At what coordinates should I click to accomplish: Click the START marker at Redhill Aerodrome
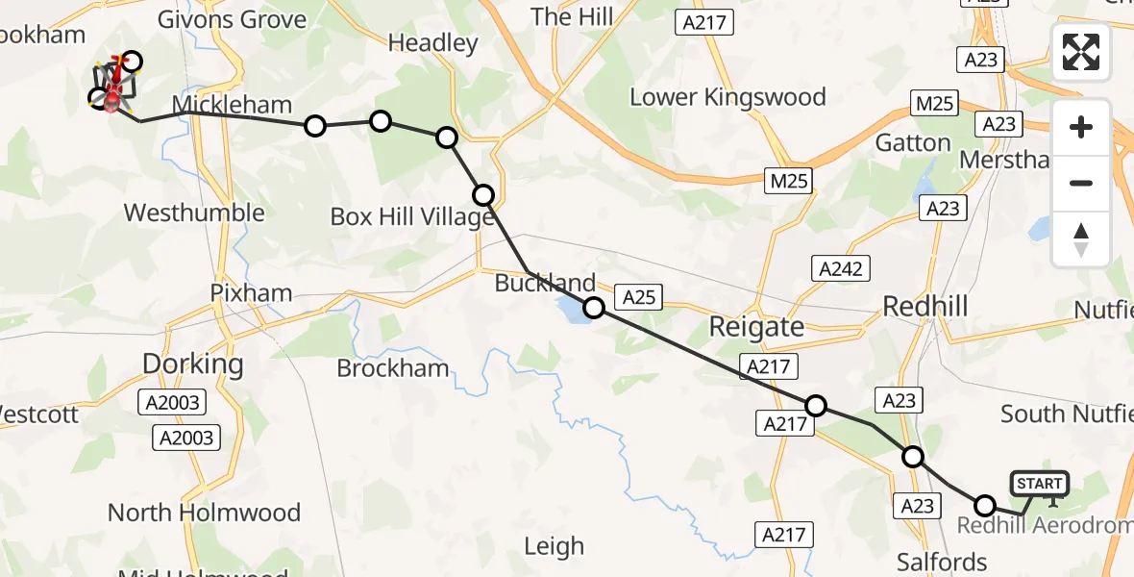pyautogui.click(x=1039, y=484)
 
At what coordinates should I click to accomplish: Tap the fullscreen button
pyautogui.click(x=1081, y=52)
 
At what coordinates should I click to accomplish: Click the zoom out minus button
pyautogui.click(x=1081, y=183)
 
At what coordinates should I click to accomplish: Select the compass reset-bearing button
pyautogui.click(x=1081, y=238)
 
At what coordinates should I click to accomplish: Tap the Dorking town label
pyautogui.click(x=192, y=364)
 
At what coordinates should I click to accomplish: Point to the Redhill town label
pyautogui.click(x=924, y=307)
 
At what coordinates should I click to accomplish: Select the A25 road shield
pyautogui.click(x=638, y=297)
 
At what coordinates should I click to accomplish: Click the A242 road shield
pyautogui.click(x=841, y=269)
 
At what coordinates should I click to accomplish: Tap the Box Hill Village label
pyautogui.click(x=411, y=217)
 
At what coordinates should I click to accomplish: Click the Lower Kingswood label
pyautogui.click(x=727, y=97)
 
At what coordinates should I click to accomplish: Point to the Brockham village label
pyautogui.click(x=393, y=368)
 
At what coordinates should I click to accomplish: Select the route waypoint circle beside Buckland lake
pyautogui.click(x=594, y=308)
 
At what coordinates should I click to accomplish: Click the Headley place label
pyautogui.click(x=432, y=43)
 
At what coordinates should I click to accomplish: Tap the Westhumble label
pyautogui.click(x=194, y=213)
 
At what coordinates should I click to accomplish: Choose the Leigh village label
pyautogui.click(x=554, y=547)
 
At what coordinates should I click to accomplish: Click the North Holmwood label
pyautogui.click(x=204, y=513)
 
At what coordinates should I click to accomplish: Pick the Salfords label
pyautogui.click(x=941, y=562)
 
